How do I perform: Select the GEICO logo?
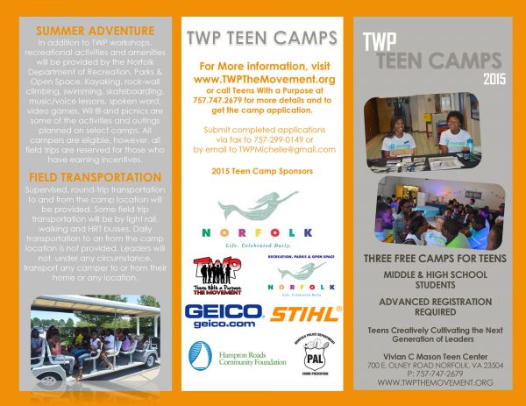(223, 316)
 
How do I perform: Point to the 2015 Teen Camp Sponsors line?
(263, 171)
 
